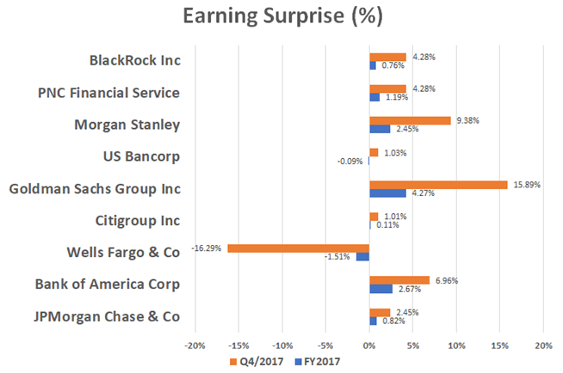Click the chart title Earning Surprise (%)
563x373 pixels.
tap(281, 17)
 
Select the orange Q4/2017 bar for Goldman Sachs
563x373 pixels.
tap(438, 184)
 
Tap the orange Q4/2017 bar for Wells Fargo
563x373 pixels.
tap(298, 248)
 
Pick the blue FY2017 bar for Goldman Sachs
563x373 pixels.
tap(387, 193)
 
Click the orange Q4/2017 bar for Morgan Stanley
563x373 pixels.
tap(410, 120)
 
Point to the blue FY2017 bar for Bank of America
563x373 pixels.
tap(380, 289)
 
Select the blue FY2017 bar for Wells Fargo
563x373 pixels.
tap(362, 257)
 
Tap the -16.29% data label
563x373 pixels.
tap(207, 248)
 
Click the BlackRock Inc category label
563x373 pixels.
tap(134, 61)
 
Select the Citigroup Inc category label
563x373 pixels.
tap(138, 221)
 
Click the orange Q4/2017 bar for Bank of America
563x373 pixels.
tap(399, 279)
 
